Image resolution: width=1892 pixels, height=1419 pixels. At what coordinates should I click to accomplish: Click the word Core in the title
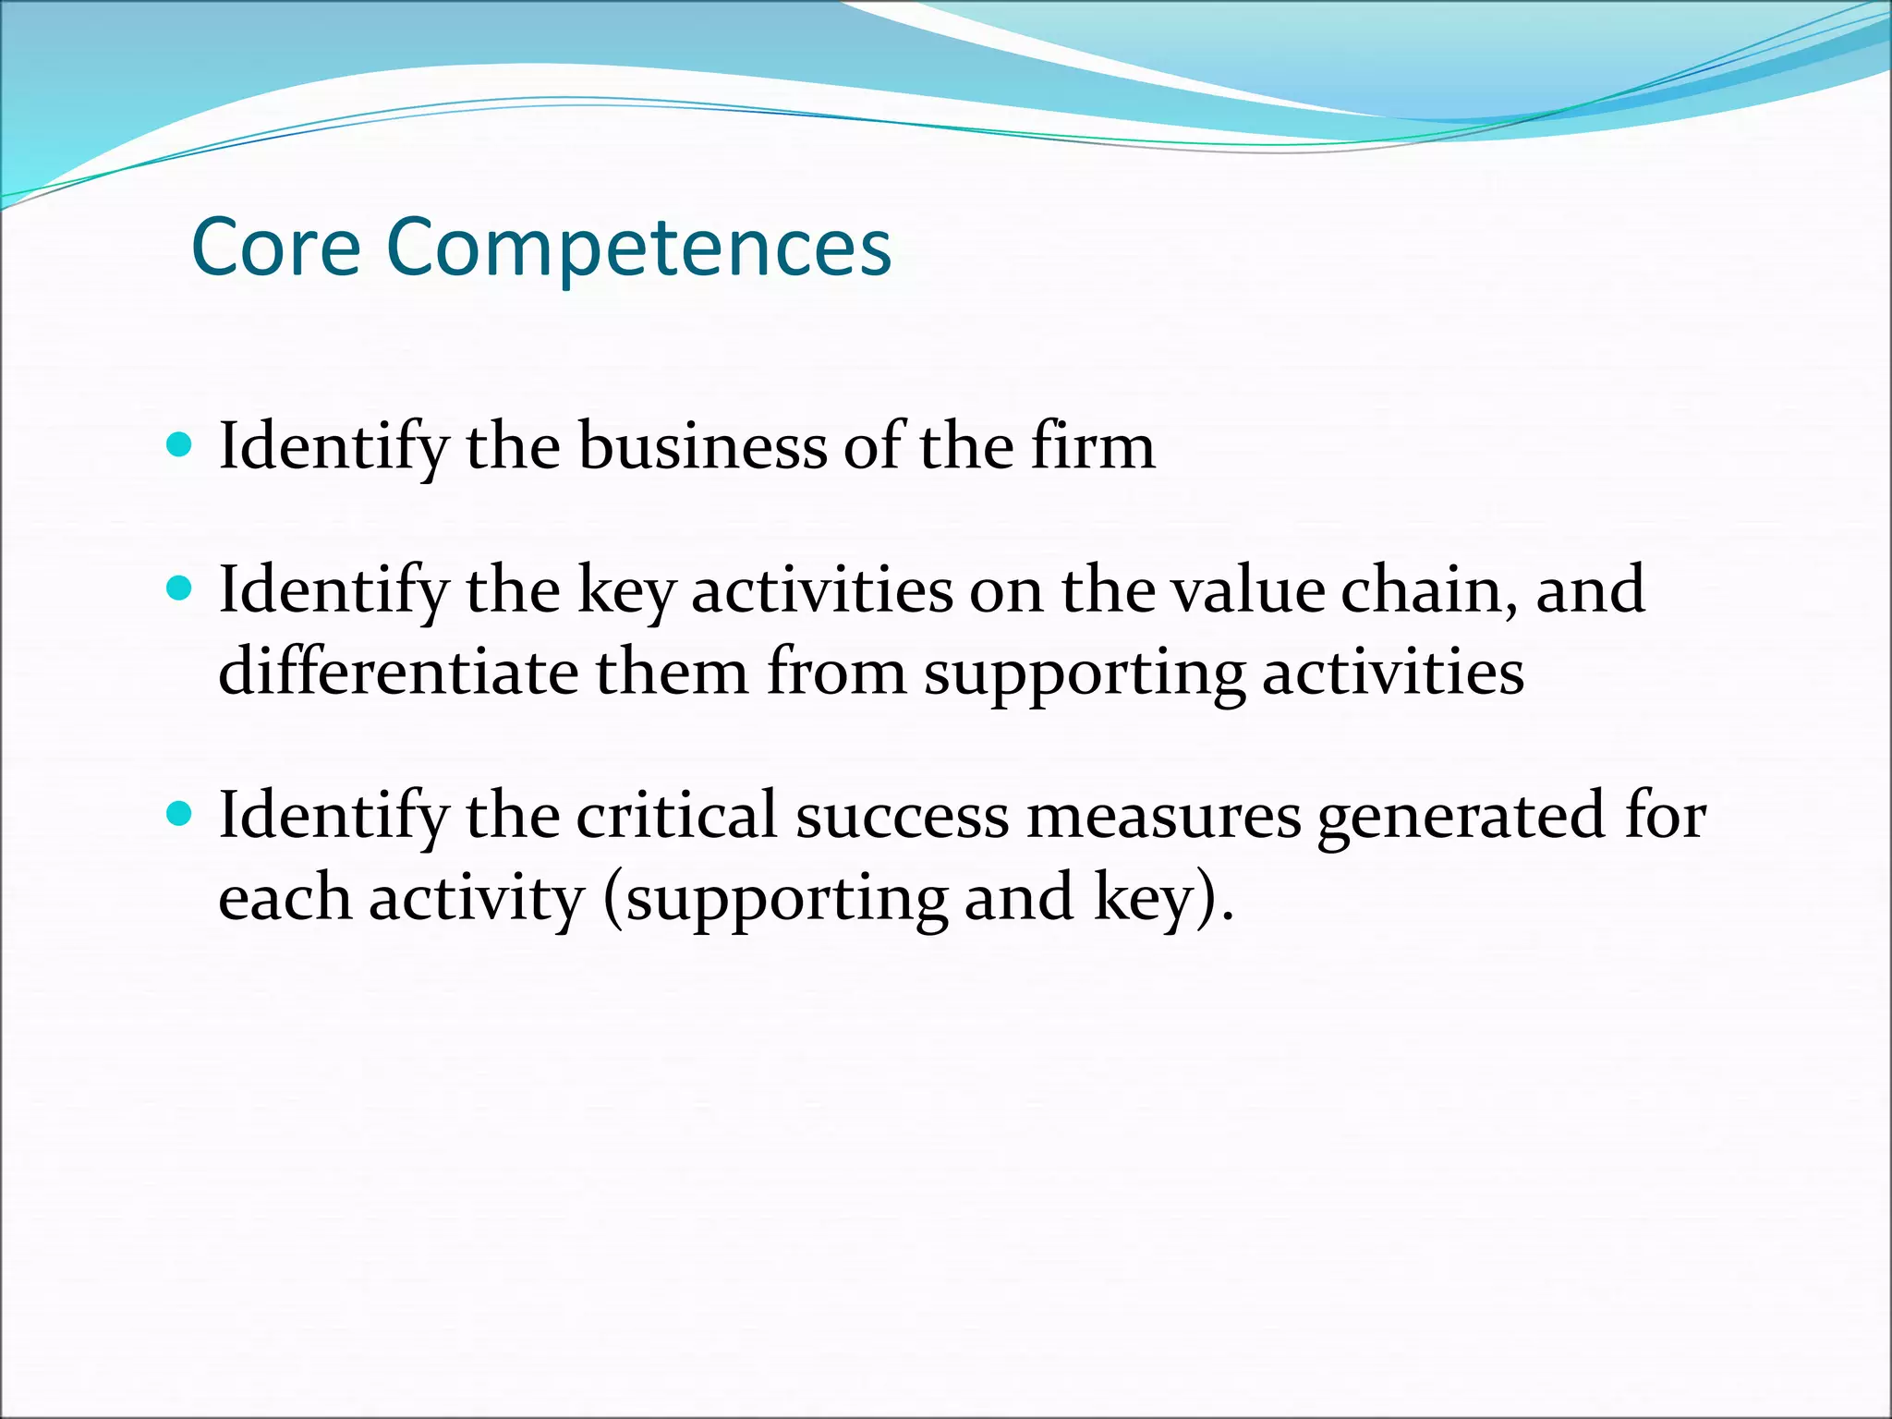[275, 247]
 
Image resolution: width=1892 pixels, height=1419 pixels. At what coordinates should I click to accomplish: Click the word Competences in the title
[638, 247]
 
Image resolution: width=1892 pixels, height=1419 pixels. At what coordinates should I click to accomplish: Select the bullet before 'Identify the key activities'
[179, 588]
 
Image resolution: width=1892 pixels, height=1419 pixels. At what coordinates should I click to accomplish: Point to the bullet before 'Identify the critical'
[179, 814]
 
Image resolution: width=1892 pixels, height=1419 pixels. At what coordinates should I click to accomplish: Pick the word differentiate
[397, 671]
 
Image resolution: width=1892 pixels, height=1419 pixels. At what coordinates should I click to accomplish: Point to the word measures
[1163, 814]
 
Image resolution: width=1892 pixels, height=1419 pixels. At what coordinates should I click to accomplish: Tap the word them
[671, 671]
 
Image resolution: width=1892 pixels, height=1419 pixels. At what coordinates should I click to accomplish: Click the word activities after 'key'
[822, 588]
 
